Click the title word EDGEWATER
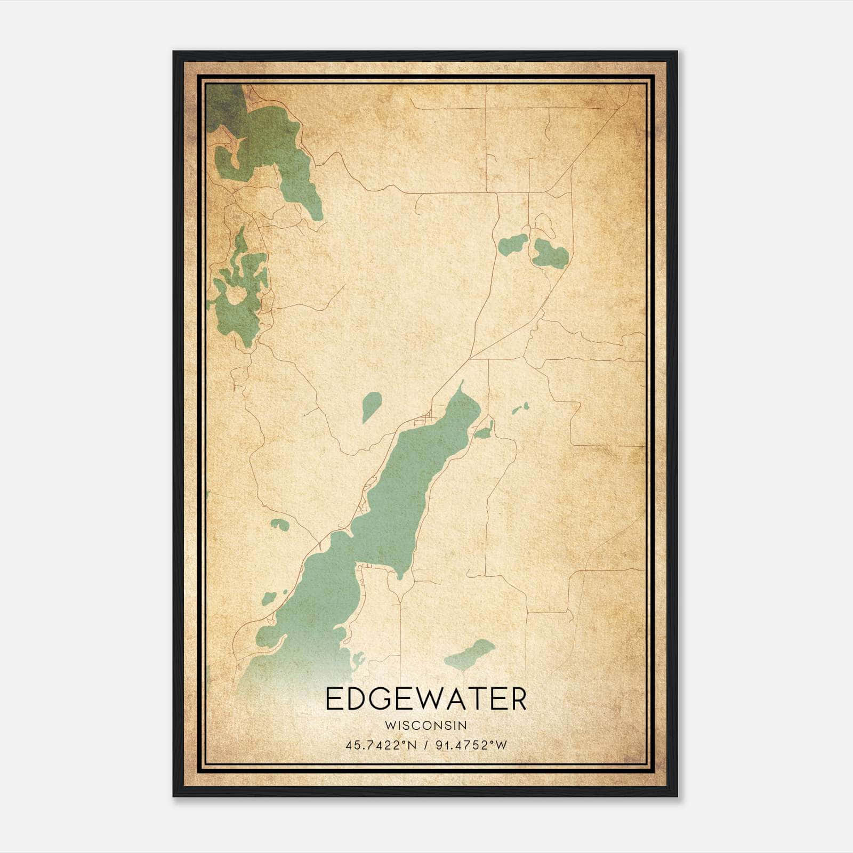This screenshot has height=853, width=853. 425,699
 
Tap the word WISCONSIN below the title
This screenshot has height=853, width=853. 425,725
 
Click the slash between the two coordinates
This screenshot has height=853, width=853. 425,745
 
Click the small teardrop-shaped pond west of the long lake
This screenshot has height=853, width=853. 371,405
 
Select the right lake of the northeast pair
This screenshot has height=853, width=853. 551,254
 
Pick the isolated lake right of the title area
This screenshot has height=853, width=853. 470,655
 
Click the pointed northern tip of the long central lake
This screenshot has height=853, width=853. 462,383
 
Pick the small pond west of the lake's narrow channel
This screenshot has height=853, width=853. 279,524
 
